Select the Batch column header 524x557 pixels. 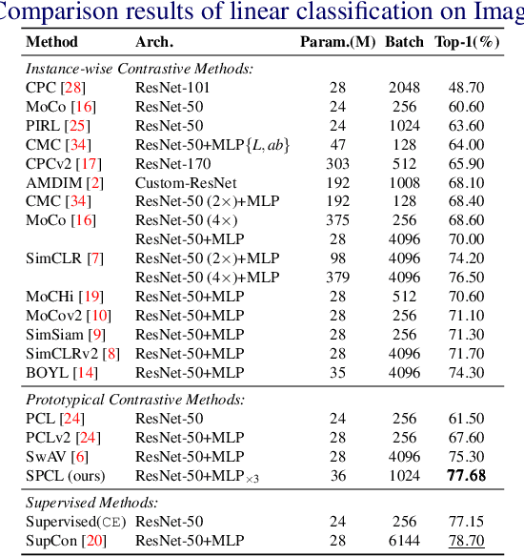405,42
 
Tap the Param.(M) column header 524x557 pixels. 338,42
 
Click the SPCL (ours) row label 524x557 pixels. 66,475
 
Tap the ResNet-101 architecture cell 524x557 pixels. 170,87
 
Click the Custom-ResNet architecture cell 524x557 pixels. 180,182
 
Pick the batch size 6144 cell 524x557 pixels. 404,542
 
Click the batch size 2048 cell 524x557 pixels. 404,87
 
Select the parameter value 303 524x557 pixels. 338,163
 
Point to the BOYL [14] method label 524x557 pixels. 62,372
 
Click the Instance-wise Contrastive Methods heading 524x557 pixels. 139,68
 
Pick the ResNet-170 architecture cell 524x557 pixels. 170,163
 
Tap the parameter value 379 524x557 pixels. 338,277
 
